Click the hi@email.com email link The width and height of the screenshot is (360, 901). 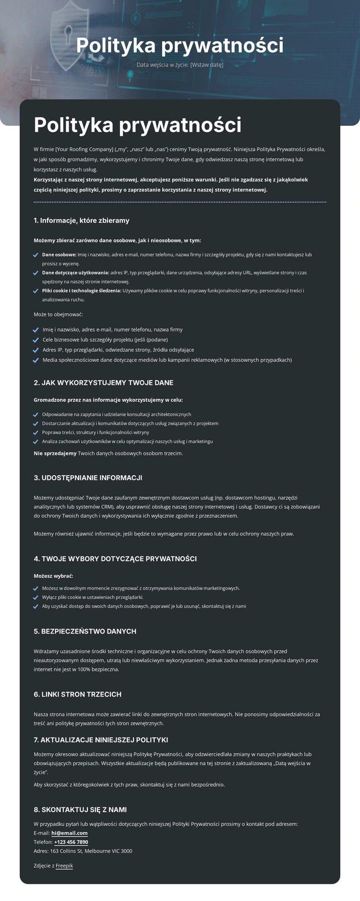point(69,833)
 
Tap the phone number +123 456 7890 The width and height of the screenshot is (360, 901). point(71,842)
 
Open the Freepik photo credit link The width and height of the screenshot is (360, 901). point(64,865)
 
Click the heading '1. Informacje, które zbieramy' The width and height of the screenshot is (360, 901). point(82,221)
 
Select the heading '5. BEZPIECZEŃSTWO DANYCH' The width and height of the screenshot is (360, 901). point(85,631)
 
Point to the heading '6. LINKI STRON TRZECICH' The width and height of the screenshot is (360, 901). point(77,694)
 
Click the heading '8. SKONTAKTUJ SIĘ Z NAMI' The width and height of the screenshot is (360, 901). point(80,810)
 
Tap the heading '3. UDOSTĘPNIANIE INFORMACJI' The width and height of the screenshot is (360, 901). point(88,478)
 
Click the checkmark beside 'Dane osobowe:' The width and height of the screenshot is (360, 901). point(36,255)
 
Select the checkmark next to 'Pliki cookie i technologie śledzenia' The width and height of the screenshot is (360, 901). point(36,291)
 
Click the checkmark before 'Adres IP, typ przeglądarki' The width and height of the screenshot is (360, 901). point(36,350)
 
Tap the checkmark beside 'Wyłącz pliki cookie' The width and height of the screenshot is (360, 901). point(36,598)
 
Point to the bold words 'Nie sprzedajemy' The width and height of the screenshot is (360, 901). point(55,453)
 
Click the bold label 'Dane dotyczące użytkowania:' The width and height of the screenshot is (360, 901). point(75,273)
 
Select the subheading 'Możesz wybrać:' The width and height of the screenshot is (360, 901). point(53,576)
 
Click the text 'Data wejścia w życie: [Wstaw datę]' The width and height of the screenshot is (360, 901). point(180,65)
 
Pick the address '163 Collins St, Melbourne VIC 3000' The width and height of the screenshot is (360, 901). point(91,851)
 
